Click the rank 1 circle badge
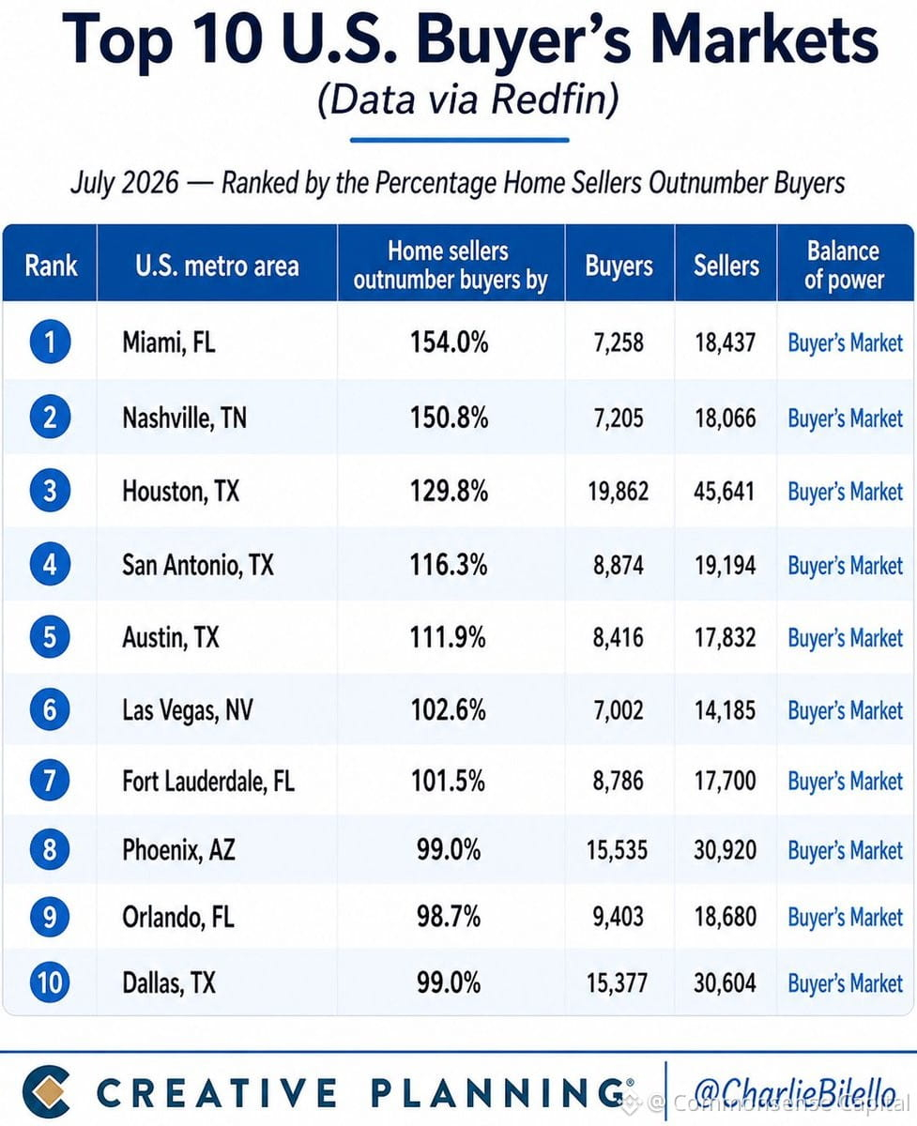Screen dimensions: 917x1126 51,342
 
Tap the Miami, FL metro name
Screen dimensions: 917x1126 169,342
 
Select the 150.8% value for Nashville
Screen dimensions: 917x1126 450,418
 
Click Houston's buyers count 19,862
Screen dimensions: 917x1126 619,492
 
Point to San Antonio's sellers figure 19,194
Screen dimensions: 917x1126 725,566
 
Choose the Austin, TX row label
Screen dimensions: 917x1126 170,637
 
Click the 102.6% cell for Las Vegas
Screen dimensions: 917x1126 449,709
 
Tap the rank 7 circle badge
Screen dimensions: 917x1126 50,781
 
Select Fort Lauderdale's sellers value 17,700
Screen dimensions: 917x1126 725,781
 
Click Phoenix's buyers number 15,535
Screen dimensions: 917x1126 618,850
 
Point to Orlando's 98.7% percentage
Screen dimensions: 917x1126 449,916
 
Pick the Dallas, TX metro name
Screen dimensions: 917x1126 169,983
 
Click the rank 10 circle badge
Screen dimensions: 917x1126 50,982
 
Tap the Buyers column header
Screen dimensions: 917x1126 619,266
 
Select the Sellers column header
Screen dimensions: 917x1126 726,266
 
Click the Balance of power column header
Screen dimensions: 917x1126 844,266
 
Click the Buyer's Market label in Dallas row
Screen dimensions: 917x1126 845,983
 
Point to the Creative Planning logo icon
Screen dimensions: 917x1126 47,1091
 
